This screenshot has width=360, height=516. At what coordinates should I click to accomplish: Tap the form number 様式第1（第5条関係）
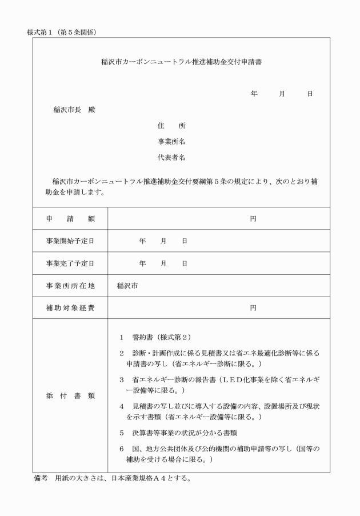(61, 32)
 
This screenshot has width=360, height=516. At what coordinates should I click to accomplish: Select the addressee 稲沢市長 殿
(74, 110)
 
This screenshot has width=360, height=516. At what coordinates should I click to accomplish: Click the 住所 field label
(171, 126)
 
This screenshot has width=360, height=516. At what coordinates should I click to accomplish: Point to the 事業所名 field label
(171, 141)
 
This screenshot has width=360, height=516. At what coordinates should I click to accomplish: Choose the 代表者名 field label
(171, 157)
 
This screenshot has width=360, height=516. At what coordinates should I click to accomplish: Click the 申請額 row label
(70, 218)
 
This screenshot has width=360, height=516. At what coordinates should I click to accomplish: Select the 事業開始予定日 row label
(70, 241)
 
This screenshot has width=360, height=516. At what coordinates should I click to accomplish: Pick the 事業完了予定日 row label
(70, 263)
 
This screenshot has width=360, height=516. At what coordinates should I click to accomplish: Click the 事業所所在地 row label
(70, 286)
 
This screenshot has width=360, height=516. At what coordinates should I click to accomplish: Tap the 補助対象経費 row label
(70, 308)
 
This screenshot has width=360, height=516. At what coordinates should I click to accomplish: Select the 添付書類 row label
(70, 395)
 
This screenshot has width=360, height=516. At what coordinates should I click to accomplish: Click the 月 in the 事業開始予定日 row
(163, 241)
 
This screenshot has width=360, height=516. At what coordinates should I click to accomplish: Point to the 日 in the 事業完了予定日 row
(185, 263)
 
